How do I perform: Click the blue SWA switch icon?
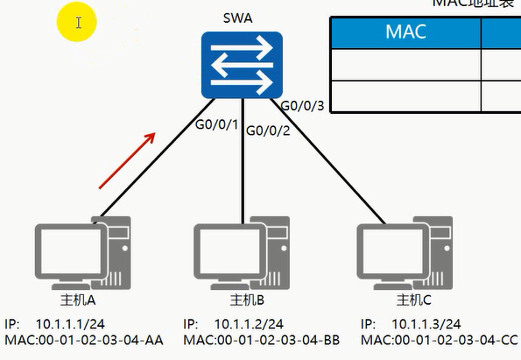[242, 65]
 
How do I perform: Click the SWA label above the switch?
[241, 18]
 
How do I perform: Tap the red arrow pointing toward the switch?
[128, 160]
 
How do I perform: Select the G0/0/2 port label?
[270, 131]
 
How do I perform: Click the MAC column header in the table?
[405, 32]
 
